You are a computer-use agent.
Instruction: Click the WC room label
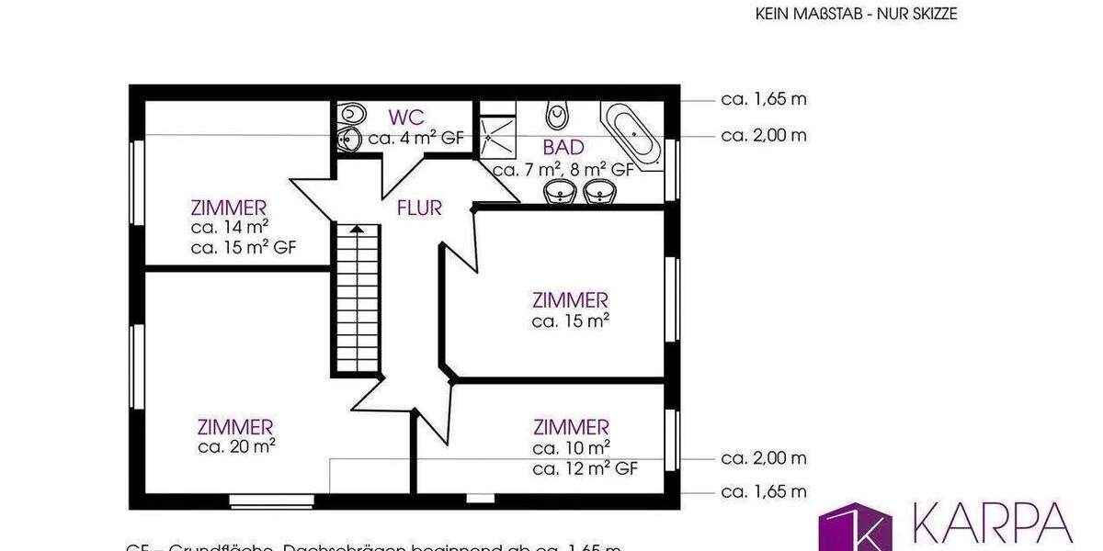406,118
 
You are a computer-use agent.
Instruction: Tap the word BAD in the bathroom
563,148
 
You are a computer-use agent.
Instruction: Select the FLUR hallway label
419,208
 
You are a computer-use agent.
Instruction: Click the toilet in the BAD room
556,115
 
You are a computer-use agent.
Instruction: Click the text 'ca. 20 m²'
237,447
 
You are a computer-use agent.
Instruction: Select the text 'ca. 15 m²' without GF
571,321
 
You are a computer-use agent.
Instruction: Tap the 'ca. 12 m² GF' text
585,468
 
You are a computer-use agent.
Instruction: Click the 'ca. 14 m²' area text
230,227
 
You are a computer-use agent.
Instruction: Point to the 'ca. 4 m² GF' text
415,140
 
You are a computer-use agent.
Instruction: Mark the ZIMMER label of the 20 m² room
235,427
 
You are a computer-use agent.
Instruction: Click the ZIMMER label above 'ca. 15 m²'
570,300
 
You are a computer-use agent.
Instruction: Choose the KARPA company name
993,523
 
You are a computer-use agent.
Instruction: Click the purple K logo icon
855,529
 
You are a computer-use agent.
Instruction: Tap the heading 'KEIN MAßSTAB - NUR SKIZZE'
857,14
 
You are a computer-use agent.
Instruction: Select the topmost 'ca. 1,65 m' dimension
764,99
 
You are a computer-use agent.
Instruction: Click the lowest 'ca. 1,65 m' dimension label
764,492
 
